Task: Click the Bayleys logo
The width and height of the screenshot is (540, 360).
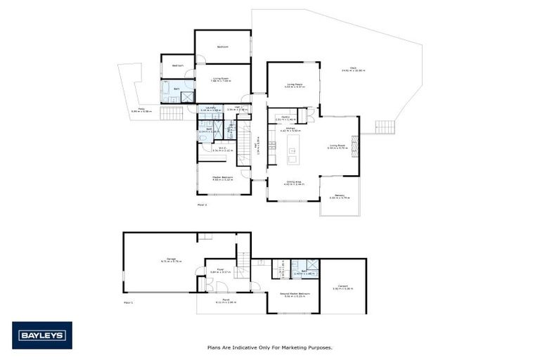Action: click(x=41, y=335)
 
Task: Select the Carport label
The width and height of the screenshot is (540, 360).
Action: click(x=342, y=285)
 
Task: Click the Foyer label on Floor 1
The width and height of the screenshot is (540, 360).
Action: click(x=219, y=269)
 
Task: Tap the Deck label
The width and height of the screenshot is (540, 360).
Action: click(x=346, y=68)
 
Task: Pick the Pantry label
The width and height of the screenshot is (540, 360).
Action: click(x=286, y=117)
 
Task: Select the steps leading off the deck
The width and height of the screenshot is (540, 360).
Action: click(x=384, y=127)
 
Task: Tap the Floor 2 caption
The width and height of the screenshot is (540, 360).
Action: click(x=202, y=204)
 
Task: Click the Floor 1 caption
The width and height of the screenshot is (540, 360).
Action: click(x=128, y=302)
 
